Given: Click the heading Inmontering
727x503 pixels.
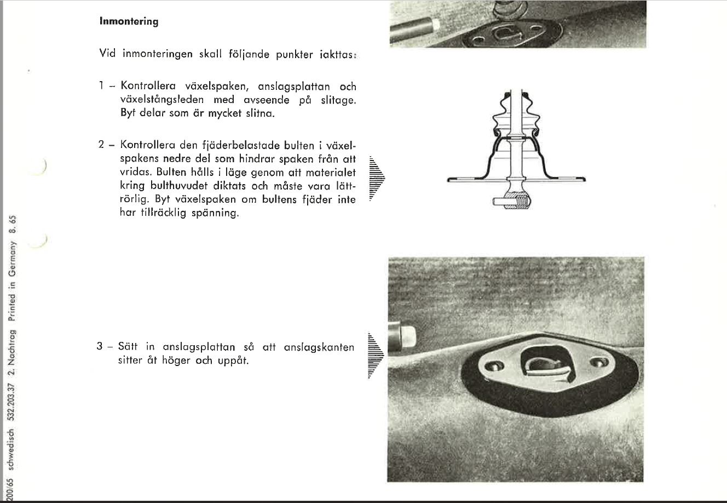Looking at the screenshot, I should (129, 22).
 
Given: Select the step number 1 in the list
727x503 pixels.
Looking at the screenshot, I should (101, 86).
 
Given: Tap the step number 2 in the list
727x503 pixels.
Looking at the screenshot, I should (101, 145).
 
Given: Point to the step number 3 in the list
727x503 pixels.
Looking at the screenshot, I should (100, 347).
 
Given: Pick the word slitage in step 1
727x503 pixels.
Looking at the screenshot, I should (334, 100).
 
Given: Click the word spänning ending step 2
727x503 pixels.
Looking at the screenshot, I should (216, 213).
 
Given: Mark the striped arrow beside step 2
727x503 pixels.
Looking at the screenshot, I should (377, 178).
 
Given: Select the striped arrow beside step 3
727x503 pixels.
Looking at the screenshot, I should (376, 355).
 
